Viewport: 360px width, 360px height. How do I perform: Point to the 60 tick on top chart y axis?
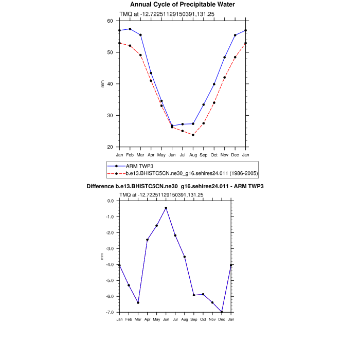[x=110, y=21]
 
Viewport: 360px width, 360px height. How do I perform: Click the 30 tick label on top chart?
[x=110, y=116]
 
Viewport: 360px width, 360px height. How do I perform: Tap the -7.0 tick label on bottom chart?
[x=109, y=312]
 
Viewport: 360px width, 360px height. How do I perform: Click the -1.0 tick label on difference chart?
[x=109, y=217]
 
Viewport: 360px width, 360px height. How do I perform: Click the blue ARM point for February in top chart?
[x=130, y=29]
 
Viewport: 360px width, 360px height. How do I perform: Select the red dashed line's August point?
[x=193, y=135]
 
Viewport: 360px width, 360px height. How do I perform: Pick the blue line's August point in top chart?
[x=193, y=123]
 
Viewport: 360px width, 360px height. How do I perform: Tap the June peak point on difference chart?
[x=166, y=208]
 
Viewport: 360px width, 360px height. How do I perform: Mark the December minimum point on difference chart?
[x=222, y=312]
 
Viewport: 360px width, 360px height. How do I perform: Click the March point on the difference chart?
[x=138, y=302]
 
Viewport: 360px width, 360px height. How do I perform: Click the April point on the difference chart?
[x=147, y=240]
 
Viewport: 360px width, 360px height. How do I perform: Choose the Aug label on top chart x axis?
[x=193, y=154]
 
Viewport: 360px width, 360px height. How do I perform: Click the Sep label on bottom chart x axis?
[x=194, y=319]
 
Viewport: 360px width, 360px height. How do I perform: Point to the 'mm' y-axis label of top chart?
[x=102, y=84]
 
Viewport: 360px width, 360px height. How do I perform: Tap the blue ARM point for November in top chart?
[x=225, y=57]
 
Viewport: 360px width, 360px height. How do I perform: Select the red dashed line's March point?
[x=140, y=55]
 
